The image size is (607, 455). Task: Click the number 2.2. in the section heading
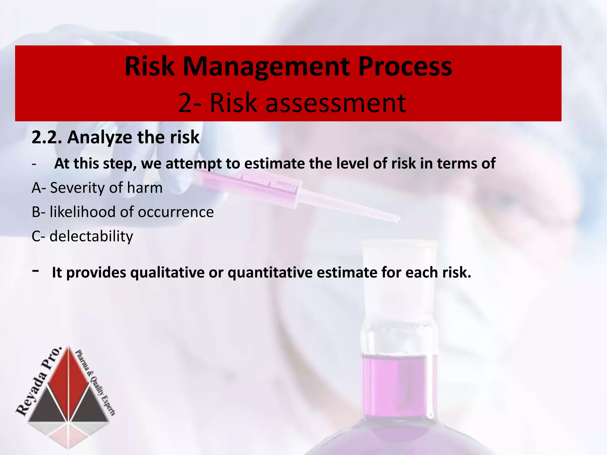point(47,137)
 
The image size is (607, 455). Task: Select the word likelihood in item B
point(83,212)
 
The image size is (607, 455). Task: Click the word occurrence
point(176,212)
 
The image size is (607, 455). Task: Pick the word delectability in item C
point(91,236)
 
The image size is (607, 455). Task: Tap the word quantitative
point(270,273)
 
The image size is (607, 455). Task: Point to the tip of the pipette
point(399,221)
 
